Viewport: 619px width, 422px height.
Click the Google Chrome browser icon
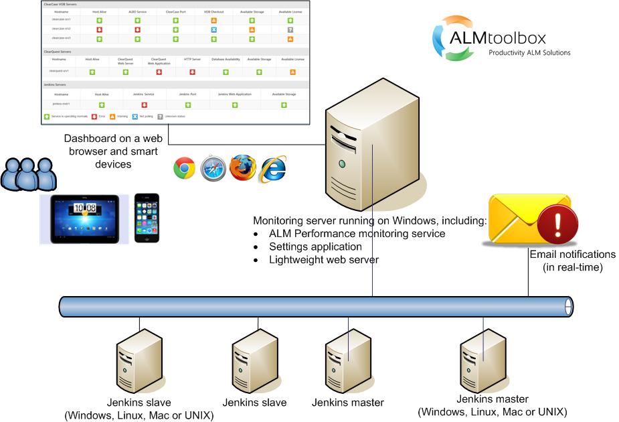click(184, 168)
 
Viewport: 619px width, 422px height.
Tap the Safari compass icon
click(213, 167)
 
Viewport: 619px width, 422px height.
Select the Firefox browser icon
click(242, 167)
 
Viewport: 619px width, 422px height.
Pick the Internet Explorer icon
click(272, 168)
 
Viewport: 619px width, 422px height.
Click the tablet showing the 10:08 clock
click(80, 219)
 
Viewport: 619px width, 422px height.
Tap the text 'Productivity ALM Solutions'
click(529, 52)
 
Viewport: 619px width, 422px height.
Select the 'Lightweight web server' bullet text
click(324, 259)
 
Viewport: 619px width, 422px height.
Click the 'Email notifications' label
click(572, 255)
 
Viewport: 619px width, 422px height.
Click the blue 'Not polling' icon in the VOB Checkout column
click(213, 30)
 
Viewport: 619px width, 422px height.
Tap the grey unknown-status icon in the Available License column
click(290, 30)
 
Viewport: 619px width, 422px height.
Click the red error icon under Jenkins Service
click(144, 104)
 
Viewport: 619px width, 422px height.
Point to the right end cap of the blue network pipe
click(569, 307)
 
